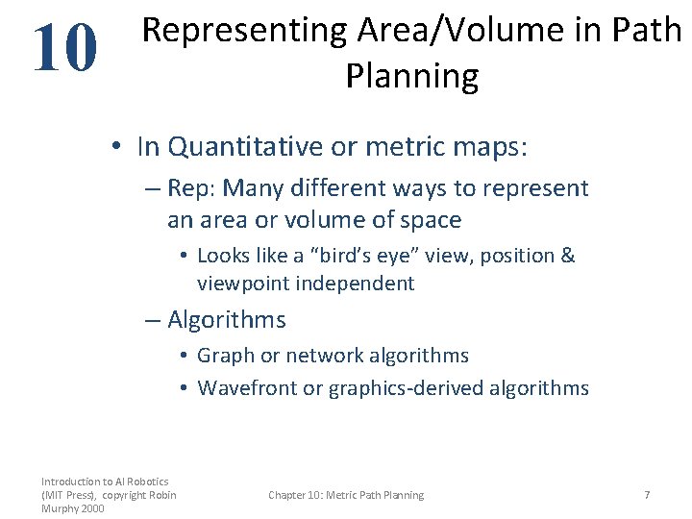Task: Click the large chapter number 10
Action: (64, 49)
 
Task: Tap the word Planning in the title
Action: (411, 76)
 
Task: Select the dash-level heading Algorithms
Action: (227, 320)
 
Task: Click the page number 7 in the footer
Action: (647, 495)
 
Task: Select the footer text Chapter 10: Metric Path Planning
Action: (346, 495)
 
